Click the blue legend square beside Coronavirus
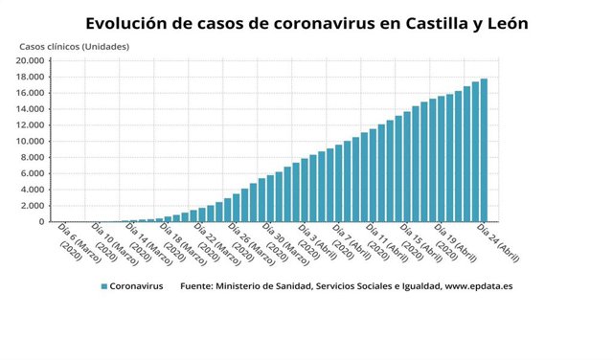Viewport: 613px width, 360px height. point(102,285)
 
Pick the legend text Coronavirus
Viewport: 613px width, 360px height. point(136,285)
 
